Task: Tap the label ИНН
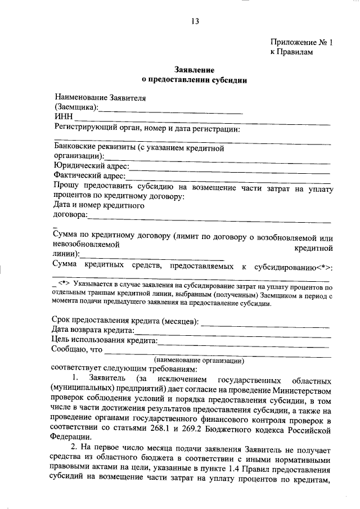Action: [x=63, y=116]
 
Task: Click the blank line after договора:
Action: [x=209, y=215]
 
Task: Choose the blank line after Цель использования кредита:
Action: [x=244, y=341]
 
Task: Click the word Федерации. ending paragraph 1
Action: [x=70, y=440]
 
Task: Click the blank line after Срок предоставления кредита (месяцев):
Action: [x=265, y=322]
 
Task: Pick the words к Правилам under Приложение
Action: [x=291, y=52]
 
